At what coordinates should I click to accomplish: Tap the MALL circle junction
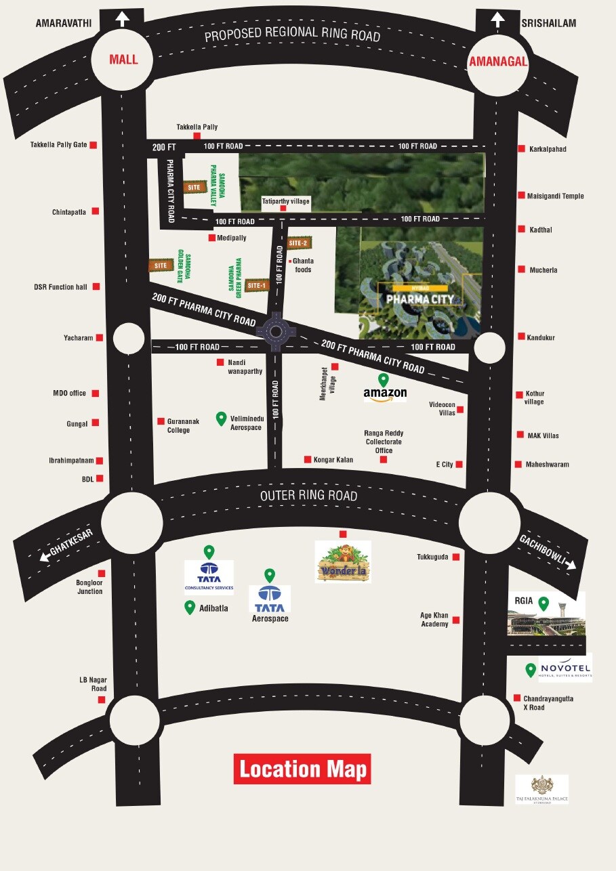pyautogui.click(x=123, y=60)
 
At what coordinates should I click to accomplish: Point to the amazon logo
pyautogui.click(x=385, y=394)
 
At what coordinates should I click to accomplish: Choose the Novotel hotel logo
pyautogui.click(x=565, y=667)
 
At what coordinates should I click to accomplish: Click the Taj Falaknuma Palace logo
pyautogui.click(x=541, y=789)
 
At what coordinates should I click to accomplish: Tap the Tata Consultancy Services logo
pyautogui.click(x=209, y=578)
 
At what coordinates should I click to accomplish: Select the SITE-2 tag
pyautogui.click(x=298, y=242)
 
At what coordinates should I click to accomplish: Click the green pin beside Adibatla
pyautogui.click(x=190, y=608)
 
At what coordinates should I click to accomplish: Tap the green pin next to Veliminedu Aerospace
pyautogui.click(x=221, y=419)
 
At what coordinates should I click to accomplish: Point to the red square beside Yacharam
pyautogui.click(x=100, y=337)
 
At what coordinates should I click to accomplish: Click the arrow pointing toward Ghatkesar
pyautogui.click(x=45, y=558)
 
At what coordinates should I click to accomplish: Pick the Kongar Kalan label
pyautogui.click(x=333, y=460)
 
